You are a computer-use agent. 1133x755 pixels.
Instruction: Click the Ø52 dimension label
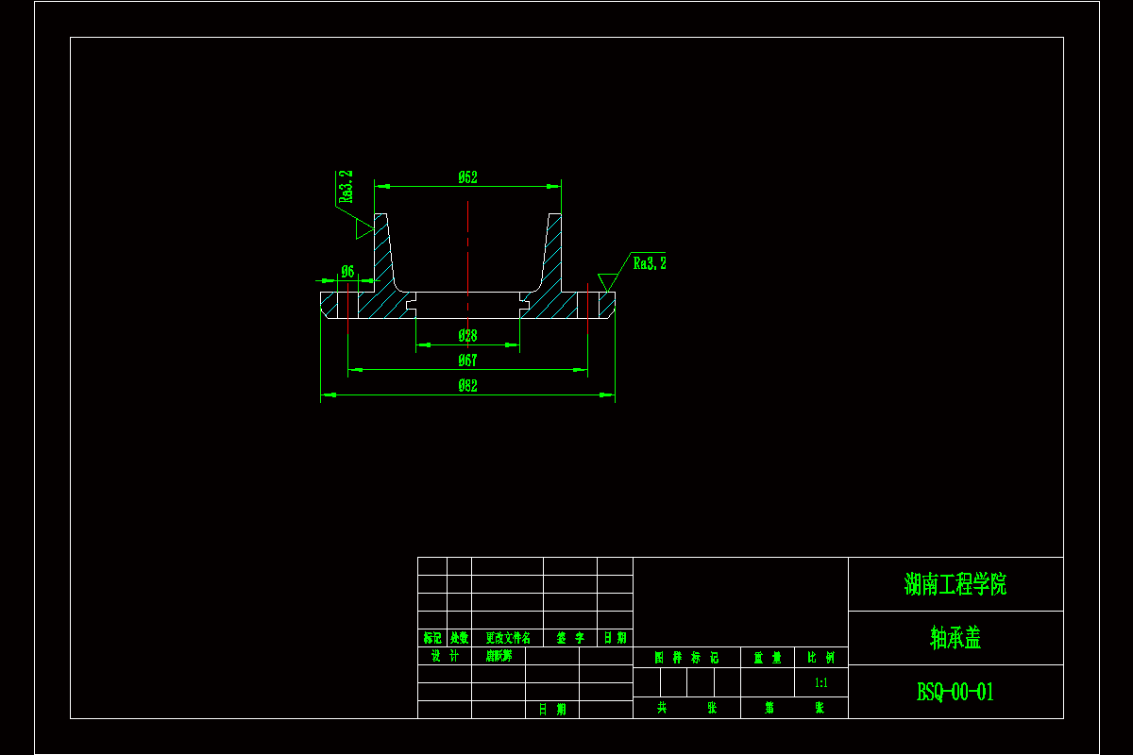(x=467, y=176)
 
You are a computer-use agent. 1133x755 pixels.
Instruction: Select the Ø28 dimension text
(x=467, y=336)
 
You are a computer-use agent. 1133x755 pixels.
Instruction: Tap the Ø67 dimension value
(x=467, y=360)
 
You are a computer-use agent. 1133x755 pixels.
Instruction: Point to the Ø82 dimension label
(x=467, y=385)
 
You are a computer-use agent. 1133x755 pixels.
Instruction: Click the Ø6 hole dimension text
(x=347, y=272)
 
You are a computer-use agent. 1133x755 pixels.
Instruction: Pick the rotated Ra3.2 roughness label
(x=346, y=187)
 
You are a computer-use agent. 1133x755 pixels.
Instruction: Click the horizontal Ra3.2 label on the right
(x=650, y=263)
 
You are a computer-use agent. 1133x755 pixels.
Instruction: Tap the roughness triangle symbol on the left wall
(x=364, y=227)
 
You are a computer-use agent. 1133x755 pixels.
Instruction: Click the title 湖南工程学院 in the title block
(x=955, y=584)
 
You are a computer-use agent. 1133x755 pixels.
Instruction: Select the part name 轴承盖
(x=955, y=638)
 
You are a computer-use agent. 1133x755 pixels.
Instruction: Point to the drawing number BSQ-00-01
(x=955, y=692)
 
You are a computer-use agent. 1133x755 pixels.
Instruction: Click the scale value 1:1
(x=820, y=682)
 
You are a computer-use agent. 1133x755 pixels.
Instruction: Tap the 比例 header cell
(x=820, y=658)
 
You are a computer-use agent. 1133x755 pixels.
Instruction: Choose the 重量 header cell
(x=767, y=658)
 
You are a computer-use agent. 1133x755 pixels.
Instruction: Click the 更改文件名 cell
(x=508, y=638)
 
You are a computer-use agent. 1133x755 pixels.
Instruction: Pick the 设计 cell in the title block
(x=445, y=656)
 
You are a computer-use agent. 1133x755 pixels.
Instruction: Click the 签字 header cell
(x=570, y=638)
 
